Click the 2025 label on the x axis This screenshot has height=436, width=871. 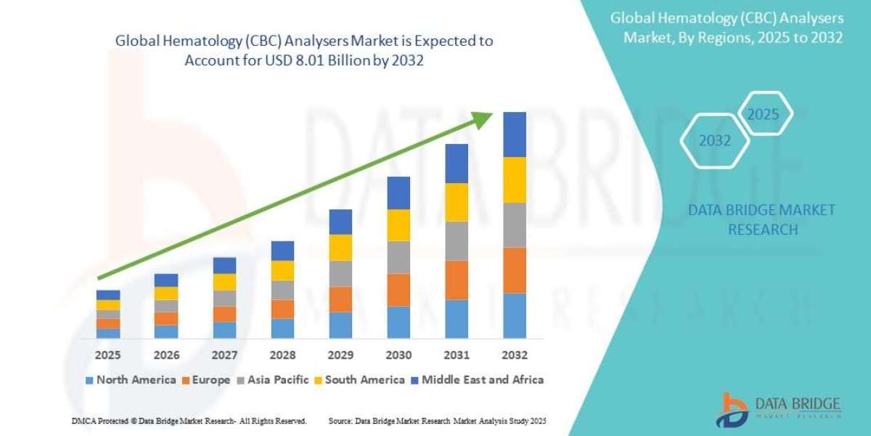(x=108, y=355)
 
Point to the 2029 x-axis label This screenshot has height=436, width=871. (x=340, y=355)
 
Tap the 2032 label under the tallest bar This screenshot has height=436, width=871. (x=514, y=355)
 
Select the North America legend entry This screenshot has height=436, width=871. (x=130, y=379)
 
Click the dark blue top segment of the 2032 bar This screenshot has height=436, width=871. (x=514, y=134)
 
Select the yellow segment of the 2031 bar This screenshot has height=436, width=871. (x=457, y=202)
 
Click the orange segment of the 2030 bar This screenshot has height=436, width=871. (x=398, y=289)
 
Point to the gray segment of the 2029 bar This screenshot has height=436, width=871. (x=340, y=273)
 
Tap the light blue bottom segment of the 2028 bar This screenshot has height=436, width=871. (x=282, y=328)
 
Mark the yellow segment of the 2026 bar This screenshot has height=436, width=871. (x=166, y=293)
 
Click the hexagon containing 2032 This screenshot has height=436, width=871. (x=714, y=141)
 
